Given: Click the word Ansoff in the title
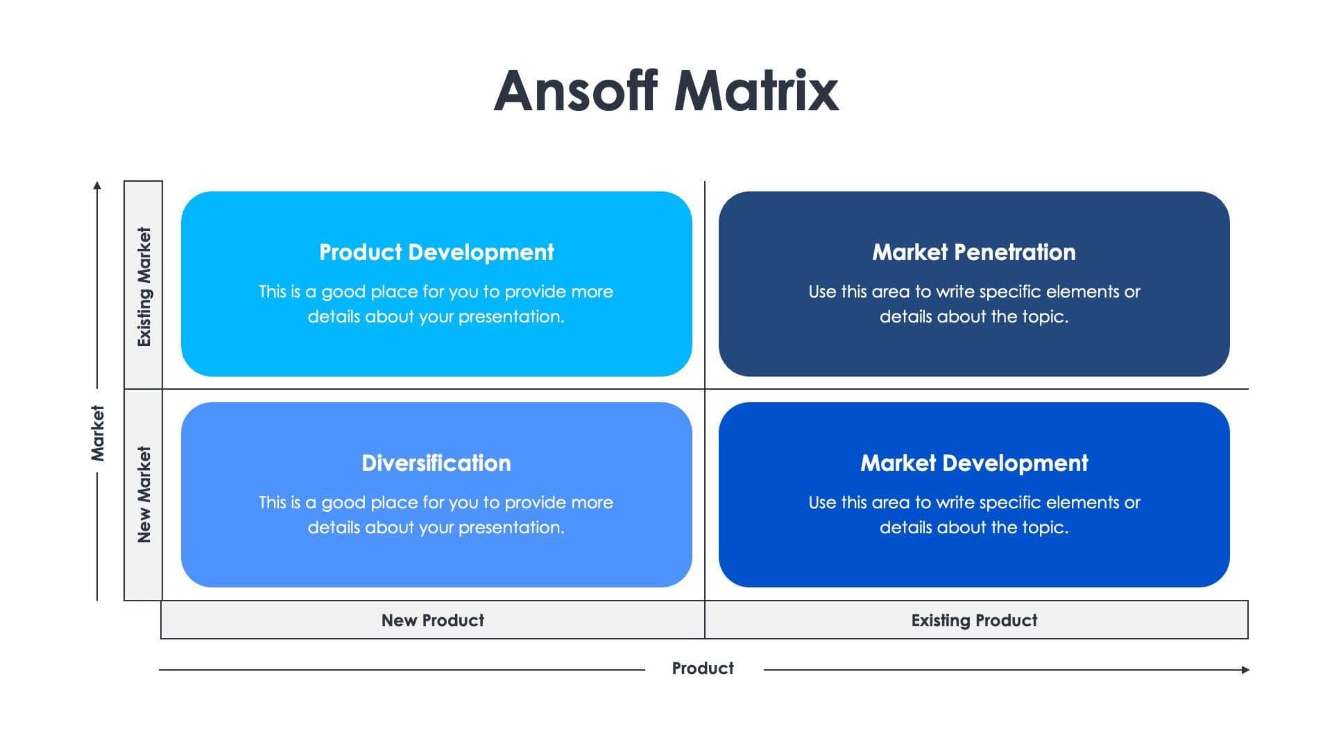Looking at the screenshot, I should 575,91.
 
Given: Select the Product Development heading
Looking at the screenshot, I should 436,252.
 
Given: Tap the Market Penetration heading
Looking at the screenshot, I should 973,252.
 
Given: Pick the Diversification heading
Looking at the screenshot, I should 436,463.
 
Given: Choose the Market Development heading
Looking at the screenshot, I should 973,463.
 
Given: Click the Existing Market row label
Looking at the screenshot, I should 144,286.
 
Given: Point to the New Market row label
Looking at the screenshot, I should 144,494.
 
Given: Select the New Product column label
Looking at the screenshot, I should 432,621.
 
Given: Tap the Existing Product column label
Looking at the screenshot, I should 973,621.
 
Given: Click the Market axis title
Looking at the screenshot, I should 98,433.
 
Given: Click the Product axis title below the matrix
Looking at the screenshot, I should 702,669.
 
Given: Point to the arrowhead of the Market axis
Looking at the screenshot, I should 97,185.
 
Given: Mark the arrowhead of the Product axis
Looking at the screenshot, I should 1245,670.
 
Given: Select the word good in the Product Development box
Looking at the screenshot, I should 343,292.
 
